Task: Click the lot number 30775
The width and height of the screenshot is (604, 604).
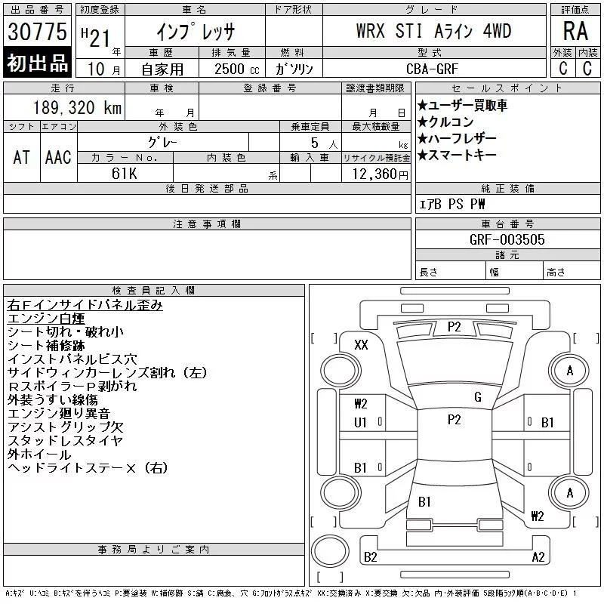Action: pyautogui.click(x=37, y=32)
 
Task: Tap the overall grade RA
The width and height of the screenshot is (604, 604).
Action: pyautogui.click(x=575, y=31)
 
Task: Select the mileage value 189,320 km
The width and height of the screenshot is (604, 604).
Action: pyautogui.click(x=77, y=107)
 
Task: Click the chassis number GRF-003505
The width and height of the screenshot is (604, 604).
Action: pyautogui.click(x=507, y=239)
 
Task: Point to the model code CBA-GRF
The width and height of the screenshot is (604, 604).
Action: pyautogui.click(x=432, y=69)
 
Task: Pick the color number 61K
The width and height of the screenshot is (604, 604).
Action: pyautogui.click(x=124, y=174)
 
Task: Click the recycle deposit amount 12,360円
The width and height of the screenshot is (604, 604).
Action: pyautogui.click(x=380, y=174)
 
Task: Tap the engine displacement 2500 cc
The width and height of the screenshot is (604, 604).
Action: pyautogui.click(x=236, y=69)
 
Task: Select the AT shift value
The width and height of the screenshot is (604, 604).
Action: pyautogui.click(x=21, y=157)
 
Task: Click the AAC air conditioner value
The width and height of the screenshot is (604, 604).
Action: pyautogui.click(x=58, y=157)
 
